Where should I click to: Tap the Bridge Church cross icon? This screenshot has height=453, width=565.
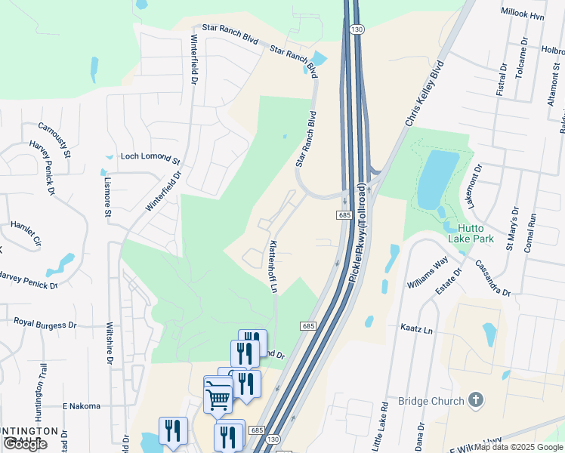point(475,399)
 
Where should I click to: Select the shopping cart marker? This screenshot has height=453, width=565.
point(218,397)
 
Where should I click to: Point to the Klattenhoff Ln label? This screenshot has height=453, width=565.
point(273,267)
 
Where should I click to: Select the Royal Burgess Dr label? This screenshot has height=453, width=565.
point(45,323)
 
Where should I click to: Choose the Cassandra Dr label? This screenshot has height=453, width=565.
point(492,278)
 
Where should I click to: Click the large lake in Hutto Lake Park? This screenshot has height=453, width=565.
point(437,179)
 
